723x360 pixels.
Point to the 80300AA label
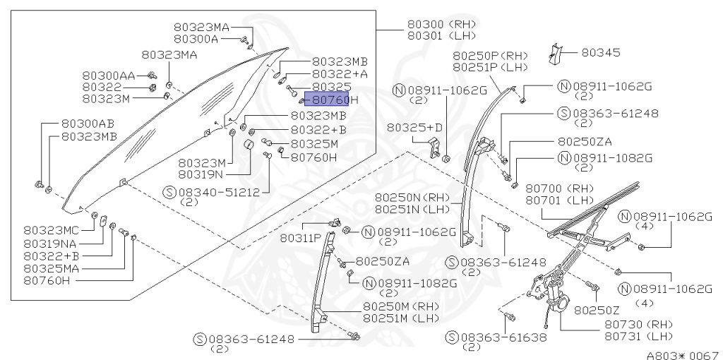108,76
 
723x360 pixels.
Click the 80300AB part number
88,123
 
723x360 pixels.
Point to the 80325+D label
414,127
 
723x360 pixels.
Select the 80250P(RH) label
490,56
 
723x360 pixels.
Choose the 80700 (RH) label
559,188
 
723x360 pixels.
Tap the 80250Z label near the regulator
597,309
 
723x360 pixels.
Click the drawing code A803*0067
681,354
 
